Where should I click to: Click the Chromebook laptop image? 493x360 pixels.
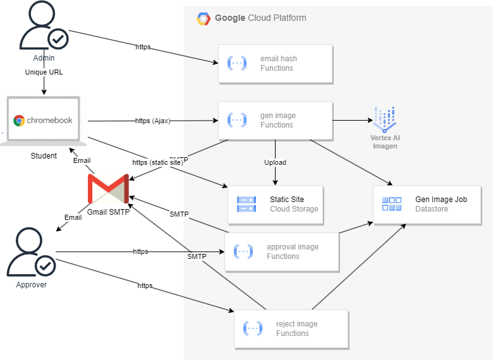[43, 121]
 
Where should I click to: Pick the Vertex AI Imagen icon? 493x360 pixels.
[384, 119]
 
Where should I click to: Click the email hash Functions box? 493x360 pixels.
[276, 64]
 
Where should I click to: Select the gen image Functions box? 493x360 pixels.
[276, 121]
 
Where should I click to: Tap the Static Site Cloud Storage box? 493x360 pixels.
[276, 205]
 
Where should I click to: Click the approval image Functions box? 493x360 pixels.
[282, 252]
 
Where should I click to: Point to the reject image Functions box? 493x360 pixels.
[291, 329]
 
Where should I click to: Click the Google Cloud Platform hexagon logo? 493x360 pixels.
[203, 18]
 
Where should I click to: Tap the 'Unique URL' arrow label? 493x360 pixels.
[44, 72]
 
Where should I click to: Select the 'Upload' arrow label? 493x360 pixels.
[275, 162]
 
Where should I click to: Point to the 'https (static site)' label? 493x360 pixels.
[157, 162]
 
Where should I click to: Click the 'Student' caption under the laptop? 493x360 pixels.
[44, 156]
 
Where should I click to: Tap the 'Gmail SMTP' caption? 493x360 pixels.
[108, 212]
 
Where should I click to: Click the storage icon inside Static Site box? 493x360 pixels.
[246, 204]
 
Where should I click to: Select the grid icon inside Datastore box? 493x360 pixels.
[392, 204]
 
